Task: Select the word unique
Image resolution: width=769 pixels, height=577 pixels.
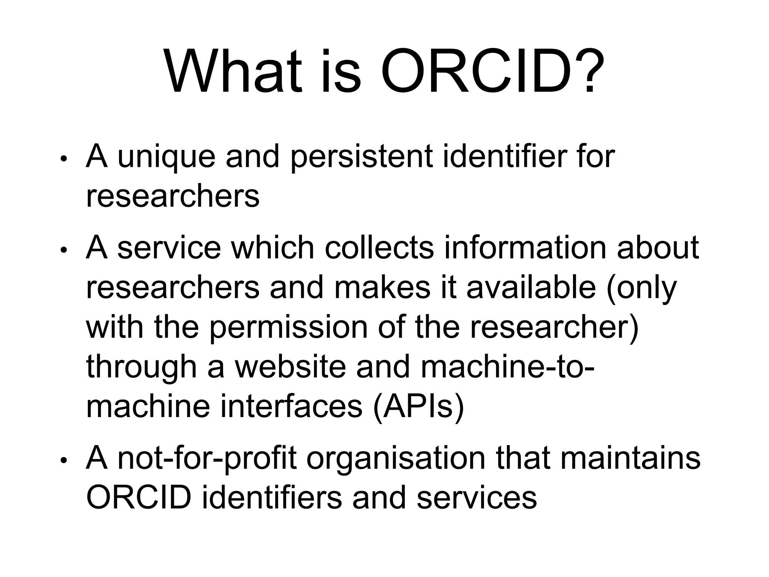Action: [x=166, y=157]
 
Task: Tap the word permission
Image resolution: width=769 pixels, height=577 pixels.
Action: [x=288, y=328]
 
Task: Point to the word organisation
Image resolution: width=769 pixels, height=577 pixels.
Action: [x=396, y=459]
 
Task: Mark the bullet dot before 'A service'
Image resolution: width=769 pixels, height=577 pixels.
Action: [x=64, y=250]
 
